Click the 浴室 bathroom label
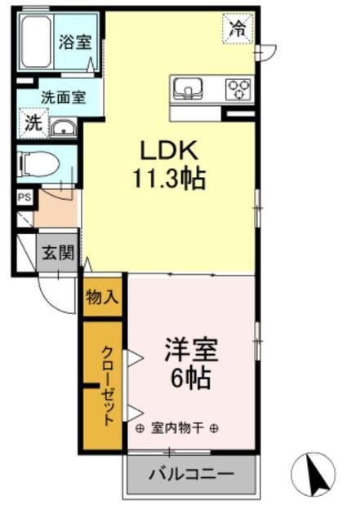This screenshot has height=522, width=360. tap(75, 42)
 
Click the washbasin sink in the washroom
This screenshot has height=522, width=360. tap(62, 126)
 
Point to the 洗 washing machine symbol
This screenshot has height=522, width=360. tap(33, 124)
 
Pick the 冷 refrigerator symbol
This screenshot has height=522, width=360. tap(238, 31)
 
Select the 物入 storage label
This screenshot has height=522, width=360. tap(102, 299)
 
